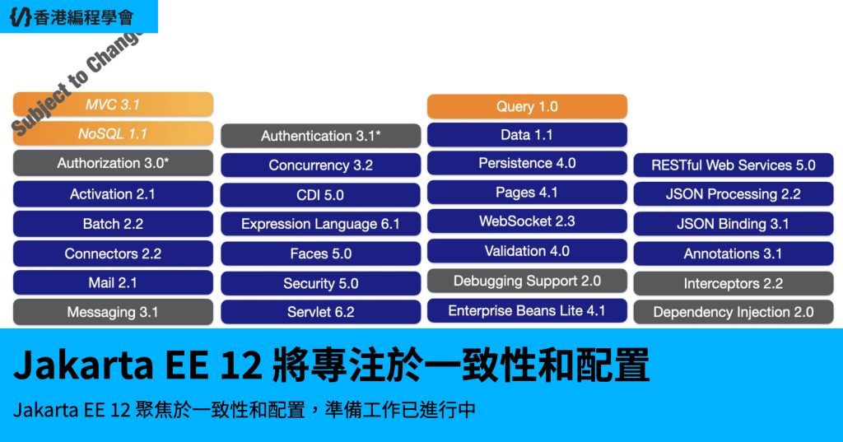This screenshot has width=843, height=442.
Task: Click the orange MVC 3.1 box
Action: pos(113,105)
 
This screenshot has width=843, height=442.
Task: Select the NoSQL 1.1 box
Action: pos(113,133)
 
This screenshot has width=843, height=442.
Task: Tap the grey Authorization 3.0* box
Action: pos(113,163)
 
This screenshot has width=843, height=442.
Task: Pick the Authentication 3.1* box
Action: pos(320,136)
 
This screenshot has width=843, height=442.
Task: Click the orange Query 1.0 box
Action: pos(527,106)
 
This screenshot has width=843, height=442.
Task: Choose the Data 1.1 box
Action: pos(527,135)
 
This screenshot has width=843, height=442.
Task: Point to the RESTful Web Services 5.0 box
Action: pos(734,165)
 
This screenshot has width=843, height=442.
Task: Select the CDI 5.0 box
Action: pos(320,194)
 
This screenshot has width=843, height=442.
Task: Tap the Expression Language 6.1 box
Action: pos(320,224)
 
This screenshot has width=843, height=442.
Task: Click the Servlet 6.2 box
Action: pos(320,312)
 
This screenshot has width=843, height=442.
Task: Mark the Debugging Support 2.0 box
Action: pos(527,281)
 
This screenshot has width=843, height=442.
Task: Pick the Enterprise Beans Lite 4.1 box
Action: pos(527,311)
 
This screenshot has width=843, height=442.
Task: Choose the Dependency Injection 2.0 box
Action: pos(734,312)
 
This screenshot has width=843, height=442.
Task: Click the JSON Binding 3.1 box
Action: pos(734,224)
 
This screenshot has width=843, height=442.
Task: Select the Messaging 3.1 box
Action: pos(113,312)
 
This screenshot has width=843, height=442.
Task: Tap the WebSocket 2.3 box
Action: pos(527,221)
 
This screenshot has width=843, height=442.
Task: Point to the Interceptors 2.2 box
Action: pos(734,283)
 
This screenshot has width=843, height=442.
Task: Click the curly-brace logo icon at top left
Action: pos(21,16)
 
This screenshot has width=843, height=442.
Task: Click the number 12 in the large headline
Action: pos(241,365)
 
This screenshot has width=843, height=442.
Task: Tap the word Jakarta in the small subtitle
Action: pos(46,410)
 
